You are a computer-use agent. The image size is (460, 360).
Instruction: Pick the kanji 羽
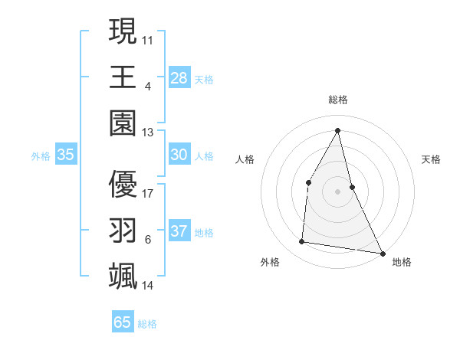[123, 230]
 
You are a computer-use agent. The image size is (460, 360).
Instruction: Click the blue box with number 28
[179, 77]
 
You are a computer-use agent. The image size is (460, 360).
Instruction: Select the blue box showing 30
[179, 155]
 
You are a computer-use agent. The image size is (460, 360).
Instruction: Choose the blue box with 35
[66, 155]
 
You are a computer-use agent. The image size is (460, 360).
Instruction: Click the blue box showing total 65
[123, 322]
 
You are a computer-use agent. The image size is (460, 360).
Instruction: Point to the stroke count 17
[148, 193]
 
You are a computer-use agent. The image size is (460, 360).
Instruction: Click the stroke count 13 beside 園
[148, 132]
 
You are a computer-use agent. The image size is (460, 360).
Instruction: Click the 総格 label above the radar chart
[338, 100]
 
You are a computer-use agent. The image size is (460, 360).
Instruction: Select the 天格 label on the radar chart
[432, 159]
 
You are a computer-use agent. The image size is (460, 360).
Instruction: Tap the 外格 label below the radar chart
[270, 262]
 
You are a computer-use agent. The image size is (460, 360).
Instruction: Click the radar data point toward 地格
[383, 253]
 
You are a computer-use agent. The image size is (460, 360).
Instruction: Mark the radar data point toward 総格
[338, 129]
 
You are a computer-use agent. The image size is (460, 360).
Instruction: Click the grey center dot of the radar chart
[338, 191]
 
